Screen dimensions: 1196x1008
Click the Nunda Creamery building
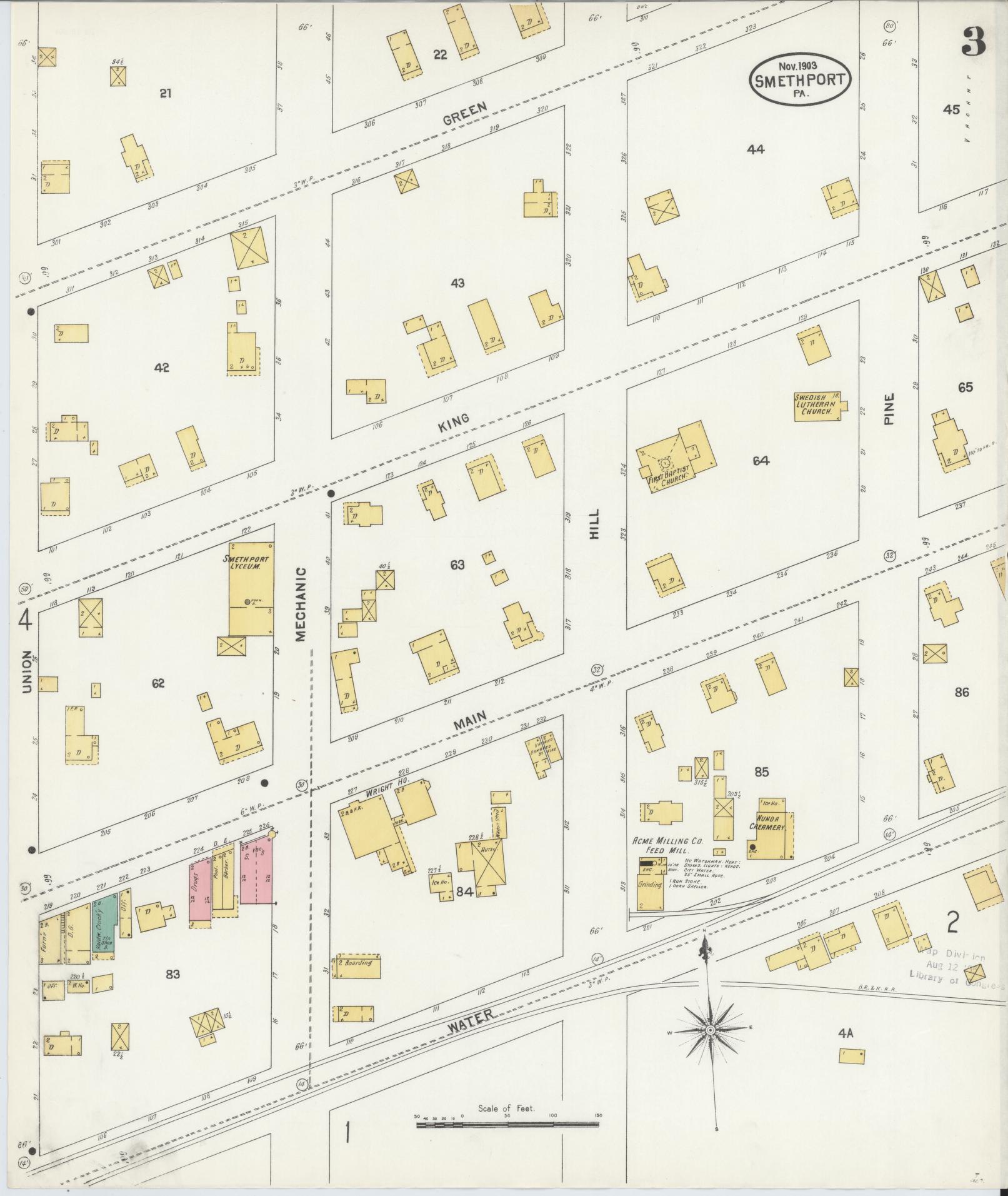(770, 832)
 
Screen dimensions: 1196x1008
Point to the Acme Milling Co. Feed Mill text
(668, 845)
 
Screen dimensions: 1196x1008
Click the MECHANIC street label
(301, 604)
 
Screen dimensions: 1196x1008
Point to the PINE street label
(889, 410)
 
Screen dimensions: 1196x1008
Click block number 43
(457, 283)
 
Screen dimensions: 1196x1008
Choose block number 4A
(846, 1034)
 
